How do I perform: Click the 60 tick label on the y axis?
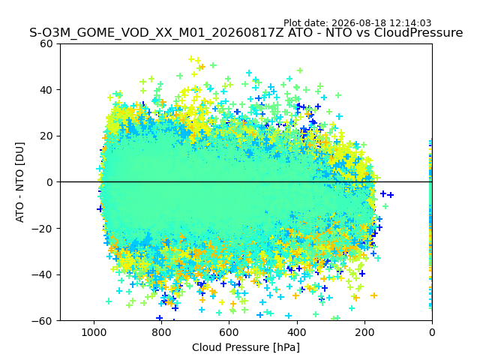tap(46, 43)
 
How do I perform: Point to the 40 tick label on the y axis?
tap(46, 90)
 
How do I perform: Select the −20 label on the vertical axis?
tap(42, 228)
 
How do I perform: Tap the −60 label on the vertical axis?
tap(42, 321)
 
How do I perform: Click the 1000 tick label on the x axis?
tap(94, 332)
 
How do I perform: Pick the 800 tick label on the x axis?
tap(162, 332)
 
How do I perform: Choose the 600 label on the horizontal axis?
tap(229, 332)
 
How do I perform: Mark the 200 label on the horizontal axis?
tap(364, 332)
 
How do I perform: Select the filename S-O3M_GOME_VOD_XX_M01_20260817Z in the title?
tap(157, 33)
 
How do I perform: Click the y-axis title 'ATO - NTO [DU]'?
tap(20, 182)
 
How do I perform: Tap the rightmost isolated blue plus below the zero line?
tap(390, 195)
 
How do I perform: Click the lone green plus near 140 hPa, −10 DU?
tap(385, 206)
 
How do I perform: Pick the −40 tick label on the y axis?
tap(42, 274)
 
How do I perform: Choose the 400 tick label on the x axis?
tap(297, 332)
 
